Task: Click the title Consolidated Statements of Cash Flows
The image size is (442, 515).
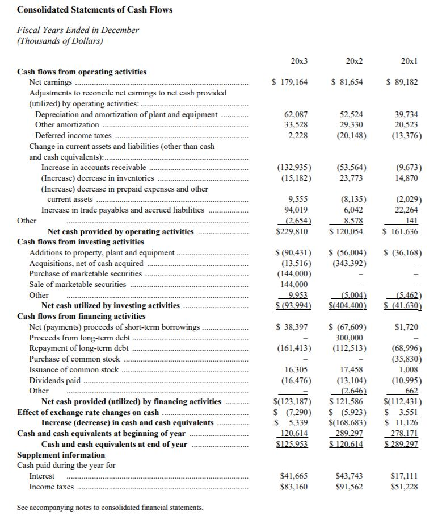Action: [x=95, y=10]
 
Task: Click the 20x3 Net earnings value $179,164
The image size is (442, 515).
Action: [x=290, y=82]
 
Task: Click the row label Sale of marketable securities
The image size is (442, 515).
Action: [x=78, y=284]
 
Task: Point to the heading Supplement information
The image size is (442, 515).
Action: [x=61, y=455]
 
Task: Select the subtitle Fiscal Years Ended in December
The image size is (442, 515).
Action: [x=78, y=30]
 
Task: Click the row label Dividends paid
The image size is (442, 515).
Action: [x=54, y=380]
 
